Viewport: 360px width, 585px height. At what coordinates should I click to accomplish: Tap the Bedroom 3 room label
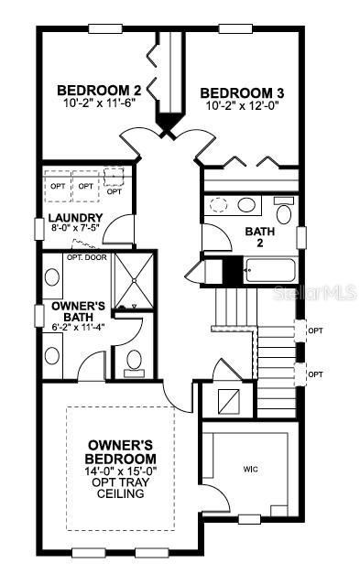pos(237,92)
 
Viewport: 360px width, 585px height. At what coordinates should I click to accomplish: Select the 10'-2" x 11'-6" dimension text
pos(99,105)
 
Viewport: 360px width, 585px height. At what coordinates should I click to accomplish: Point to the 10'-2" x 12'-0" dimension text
pos(237,107)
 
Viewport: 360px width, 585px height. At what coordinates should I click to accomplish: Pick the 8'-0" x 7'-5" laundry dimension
pos(75,231)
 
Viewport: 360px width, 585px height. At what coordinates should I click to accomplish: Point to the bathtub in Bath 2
pos(270,270)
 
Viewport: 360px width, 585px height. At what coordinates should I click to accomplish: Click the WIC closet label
pos(250,470)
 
